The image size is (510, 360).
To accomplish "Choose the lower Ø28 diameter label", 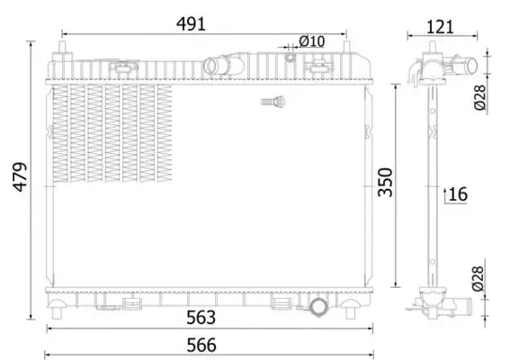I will (480, 280).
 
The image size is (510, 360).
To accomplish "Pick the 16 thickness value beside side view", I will (458, 193).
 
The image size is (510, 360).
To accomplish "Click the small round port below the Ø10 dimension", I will (291, 58).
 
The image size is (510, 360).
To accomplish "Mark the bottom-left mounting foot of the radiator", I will (58, 310).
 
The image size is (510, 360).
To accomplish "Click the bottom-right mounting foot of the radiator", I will (350, 310).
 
